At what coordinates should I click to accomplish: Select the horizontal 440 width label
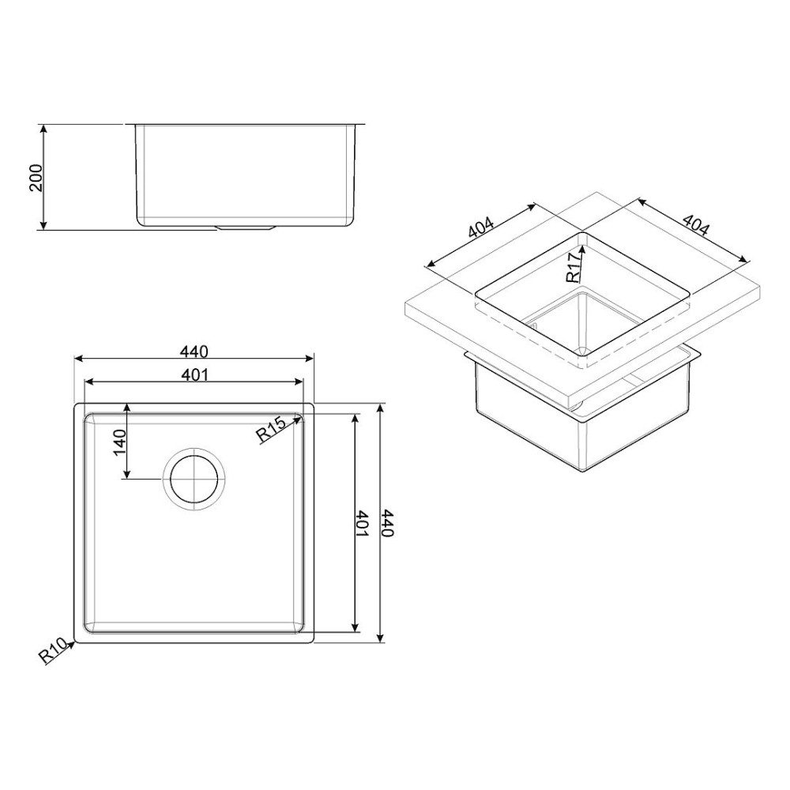(194, 351)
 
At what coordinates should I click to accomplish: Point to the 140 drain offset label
(119, 443)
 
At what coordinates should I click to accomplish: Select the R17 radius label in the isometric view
(574, 265)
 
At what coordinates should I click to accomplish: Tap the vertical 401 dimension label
(363, 524)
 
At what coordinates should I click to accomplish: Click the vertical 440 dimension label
(387, 524)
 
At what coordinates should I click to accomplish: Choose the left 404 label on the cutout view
(482, 228)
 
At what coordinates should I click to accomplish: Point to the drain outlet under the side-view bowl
(246, 227)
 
